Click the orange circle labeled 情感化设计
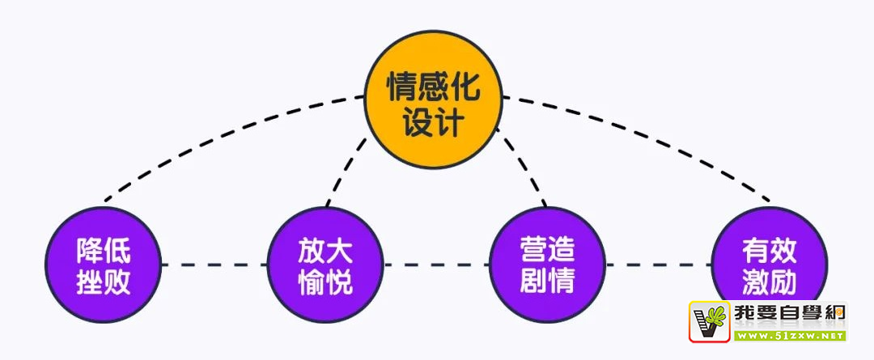click(433, 101)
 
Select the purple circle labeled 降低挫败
click(104, 265)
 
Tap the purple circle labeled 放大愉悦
click(325, 265)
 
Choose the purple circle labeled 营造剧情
click(549, 265)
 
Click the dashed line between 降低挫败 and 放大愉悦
click(214, 265)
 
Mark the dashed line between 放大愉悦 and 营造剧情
click(437, 265)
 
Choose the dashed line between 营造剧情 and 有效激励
click(660, 265)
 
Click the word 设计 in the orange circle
click(433, 123)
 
